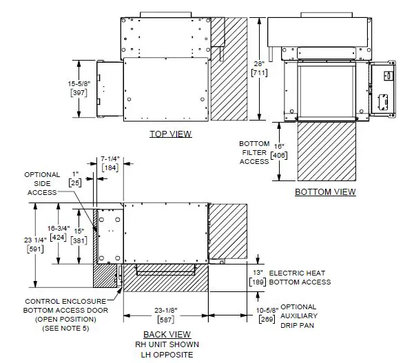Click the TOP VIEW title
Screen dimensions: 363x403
(x=171, y=134)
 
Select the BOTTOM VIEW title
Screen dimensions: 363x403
(x=325, y=191)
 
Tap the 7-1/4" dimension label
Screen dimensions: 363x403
(x=111, y=158)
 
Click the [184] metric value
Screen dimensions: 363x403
(x=111, y=167)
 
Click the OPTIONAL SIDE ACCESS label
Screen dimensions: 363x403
(x=42, y=183)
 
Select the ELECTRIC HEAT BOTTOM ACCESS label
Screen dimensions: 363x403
(x=300, y=278)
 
